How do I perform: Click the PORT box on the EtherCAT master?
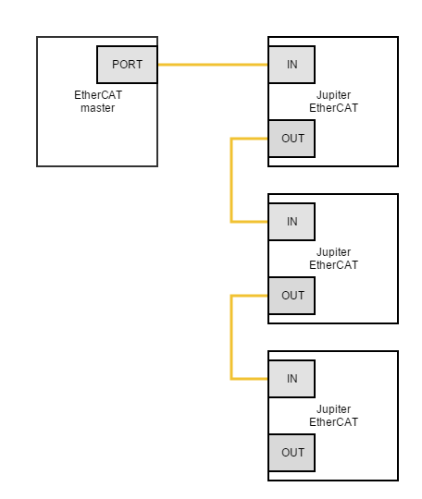pos(127,65)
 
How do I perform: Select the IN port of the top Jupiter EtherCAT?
pos(292,65)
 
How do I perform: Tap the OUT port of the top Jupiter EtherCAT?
pos(292,139)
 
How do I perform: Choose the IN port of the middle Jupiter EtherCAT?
pos(292,222)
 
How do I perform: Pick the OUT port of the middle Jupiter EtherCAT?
pos(292,296)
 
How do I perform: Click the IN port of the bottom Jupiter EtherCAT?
pos(292,379)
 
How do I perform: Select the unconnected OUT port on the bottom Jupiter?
pos(292,453)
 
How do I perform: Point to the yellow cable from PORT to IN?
pos(213,65)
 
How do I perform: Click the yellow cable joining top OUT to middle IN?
pos(231,180)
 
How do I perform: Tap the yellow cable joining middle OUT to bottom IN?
pos(231,337)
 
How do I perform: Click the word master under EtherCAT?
pos(97,108)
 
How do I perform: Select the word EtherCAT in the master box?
pos(98,95)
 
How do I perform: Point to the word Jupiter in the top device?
pos(333,95)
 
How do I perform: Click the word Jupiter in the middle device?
pos(333,252)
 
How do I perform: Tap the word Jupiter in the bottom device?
pos(333,409)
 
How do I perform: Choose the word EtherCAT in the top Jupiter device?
pos(333,108)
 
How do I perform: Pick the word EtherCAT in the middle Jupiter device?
pos(333,265)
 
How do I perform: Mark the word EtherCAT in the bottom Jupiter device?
pos(333,422)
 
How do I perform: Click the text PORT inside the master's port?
pos(127,65)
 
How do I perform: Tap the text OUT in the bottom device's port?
pos(293,453)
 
